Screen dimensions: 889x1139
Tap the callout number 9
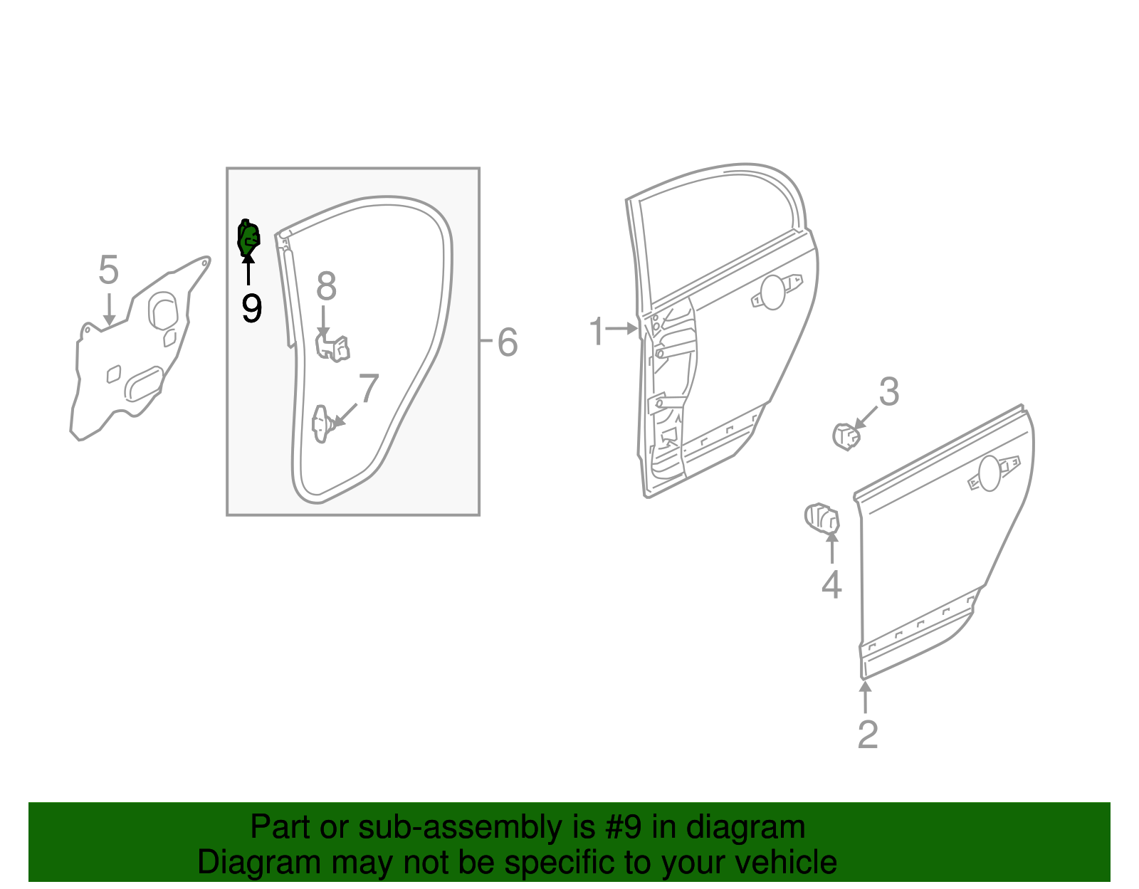click(x=251, y=308)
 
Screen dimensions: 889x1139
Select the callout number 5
click(x=108, y=270)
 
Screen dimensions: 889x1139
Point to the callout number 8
click(x=326, y=287)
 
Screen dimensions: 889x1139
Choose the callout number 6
click(x=507, y=342)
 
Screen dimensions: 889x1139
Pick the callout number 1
click(x=597, y=332)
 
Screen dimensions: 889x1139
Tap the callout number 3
click(x=889, y=392)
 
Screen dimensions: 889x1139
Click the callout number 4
click(x=831, y=585)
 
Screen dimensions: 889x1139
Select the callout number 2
click(x=867, y=735)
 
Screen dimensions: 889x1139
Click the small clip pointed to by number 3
click(x=845, y=436)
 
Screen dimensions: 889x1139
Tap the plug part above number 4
click(x=821, y=517)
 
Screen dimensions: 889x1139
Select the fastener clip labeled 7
click(x=322, y=424)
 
